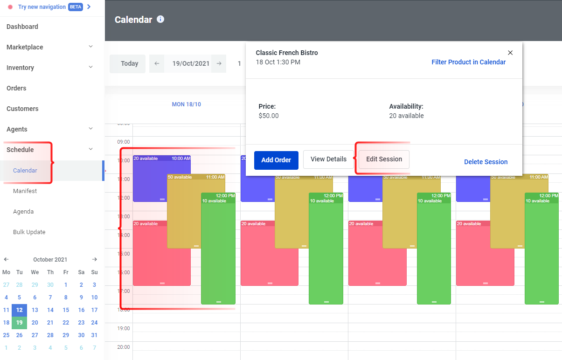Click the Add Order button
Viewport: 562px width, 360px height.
point(276,160)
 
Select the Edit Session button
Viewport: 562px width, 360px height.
point(384,159)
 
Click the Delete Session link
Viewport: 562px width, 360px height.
point(486,162)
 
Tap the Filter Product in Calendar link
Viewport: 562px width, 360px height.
point(468,62)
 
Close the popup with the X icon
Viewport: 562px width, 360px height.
point(510,53)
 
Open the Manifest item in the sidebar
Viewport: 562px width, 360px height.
point(25,191)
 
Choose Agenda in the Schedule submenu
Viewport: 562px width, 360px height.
point(23,211)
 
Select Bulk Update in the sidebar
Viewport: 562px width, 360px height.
point(29,232)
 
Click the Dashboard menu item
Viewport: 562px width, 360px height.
point(22,27)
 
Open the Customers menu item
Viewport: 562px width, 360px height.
point(22,109)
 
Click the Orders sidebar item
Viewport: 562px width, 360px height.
point(16,88)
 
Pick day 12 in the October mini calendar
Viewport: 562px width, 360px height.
point(19,310)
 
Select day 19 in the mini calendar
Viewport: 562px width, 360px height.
point(19,322)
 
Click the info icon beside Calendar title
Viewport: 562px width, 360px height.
point(160,19)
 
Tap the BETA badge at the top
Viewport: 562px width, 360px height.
point(76,7)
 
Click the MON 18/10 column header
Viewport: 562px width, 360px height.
point(186,104)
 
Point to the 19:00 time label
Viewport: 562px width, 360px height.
point(124,328)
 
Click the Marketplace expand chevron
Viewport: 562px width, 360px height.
point(91,47)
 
